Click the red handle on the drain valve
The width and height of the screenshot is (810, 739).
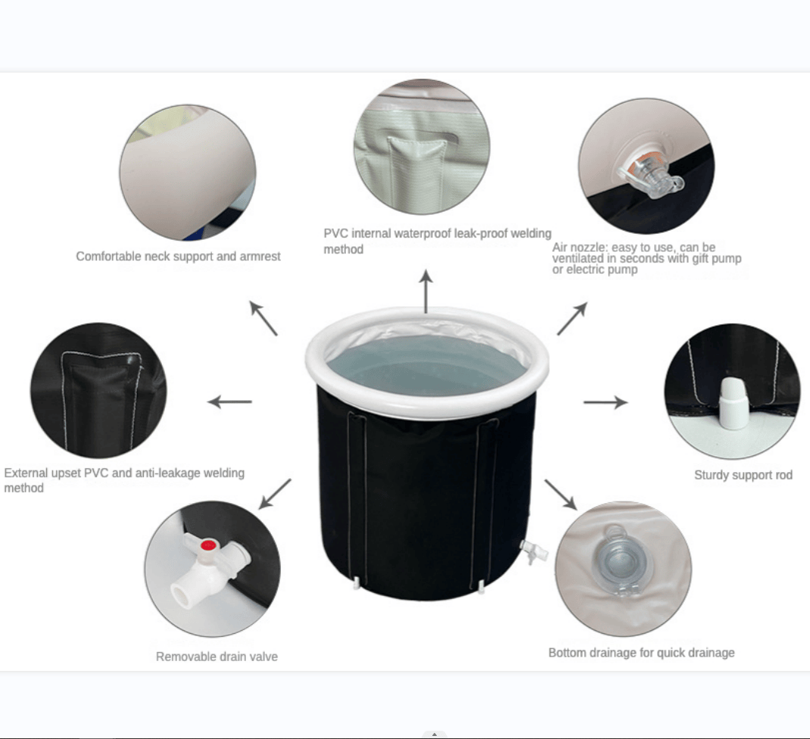point(207,543)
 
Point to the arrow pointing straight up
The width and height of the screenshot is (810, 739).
point(426,291)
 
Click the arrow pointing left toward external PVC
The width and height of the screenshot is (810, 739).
point(229,402)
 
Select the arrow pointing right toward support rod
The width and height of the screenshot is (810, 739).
point(606,402)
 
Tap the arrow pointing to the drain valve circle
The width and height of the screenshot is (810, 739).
point(275,494)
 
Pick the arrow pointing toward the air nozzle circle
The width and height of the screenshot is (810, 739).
point(572,318)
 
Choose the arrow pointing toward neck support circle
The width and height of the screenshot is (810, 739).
point(263,318)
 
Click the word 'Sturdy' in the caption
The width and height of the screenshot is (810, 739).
point(712,475)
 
